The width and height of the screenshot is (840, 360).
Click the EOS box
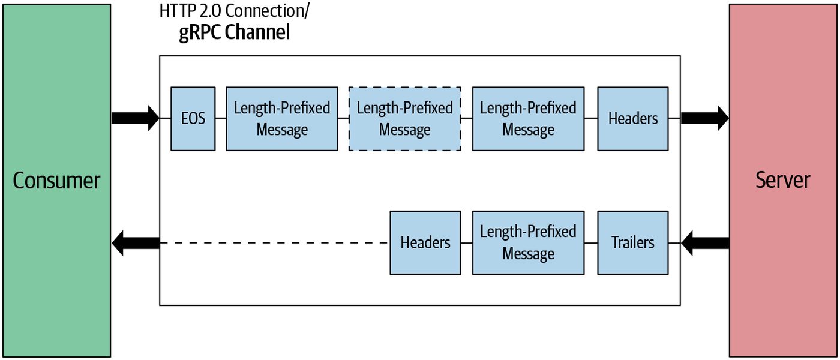tap(193, 119)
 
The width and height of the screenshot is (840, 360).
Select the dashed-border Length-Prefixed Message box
tap(404, 119)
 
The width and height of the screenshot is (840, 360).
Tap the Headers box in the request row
tap(632, 119)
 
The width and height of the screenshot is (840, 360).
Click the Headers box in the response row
tap(425, 242)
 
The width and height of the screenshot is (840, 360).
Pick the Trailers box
tap(632, 242)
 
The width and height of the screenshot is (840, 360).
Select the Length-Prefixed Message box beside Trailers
tap(528, 242)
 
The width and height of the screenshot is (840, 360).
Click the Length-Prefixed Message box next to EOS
tap(282, 119)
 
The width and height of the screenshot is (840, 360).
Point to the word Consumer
tap(56, 181)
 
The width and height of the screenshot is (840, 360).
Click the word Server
tap(782, 180)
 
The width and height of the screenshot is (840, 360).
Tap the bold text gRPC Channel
tap(235, 32)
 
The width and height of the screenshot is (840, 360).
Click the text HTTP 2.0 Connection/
tap(235, 11)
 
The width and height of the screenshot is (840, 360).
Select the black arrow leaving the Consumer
tap(136, 118)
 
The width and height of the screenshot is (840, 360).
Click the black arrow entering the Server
tap(705, 118)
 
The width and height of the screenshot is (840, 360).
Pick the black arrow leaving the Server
tap(705, 243)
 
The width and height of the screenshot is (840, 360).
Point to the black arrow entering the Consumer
tap(136, 243)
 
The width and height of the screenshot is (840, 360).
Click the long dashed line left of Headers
tap(275, 243)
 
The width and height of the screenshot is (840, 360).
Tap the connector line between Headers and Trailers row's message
tap(467, 243)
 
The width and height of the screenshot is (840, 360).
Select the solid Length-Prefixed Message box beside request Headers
tap(528, 119)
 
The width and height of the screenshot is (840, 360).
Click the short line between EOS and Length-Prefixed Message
tap(221, 118)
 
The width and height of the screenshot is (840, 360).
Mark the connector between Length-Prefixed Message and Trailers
tap(591, 243)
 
